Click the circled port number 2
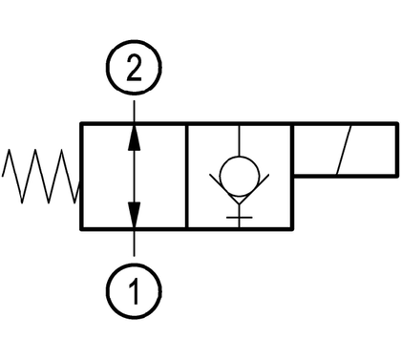134,68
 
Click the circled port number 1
134,291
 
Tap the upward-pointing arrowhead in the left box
134,138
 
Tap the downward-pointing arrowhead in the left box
134,214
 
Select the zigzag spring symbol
41,176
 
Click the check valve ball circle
240,176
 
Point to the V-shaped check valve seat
240,188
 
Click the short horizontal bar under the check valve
240,218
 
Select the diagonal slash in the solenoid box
344,150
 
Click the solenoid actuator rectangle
345,149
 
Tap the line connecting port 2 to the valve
134,111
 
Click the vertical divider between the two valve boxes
186,176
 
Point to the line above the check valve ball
240,140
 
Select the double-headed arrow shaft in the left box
134,176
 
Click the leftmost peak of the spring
9,150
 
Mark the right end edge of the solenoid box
397,149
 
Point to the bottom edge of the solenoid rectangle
345,175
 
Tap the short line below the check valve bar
240,222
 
